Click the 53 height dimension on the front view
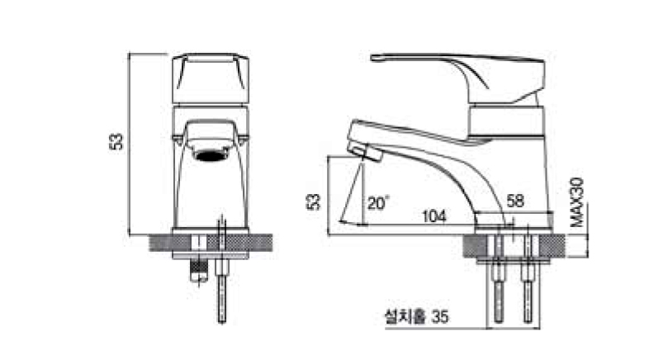tap(117, 140)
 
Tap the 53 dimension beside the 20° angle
tap(312, 201)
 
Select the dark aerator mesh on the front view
tap(211, 153)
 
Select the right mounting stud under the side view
tap(528, 281)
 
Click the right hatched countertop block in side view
tap(554, 245)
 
